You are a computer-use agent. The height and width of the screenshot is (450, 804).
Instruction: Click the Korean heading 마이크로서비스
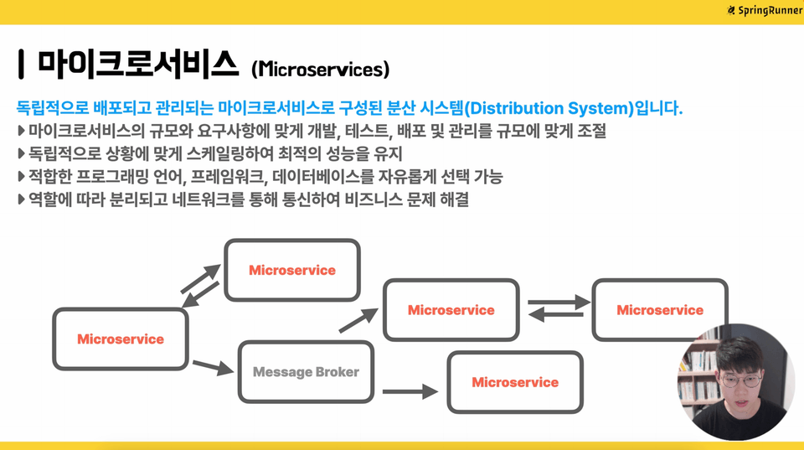(x=138, y=65)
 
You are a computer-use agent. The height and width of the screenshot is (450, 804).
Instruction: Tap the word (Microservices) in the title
(x=321, y=70)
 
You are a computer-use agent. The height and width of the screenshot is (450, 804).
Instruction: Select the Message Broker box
(x=307, y=372)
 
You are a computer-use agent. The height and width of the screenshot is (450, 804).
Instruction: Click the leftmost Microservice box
(x=121, y=339)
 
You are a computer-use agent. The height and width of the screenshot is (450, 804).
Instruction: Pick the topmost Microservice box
(x=292, y=270)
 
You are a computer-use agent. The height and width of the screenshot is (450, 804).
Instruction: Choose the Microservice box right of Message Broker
(x=515, y=382)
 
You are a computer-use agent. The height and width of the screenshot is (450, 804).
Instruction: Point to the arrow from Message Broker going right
(x=410, y=391)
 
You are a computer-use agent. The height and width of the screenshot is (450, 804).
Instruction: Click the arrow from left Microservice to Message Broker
(x=213, y=367)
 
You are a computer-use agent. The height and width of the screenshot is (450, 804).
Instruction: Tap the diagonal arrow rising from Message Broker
(x=358, y=321)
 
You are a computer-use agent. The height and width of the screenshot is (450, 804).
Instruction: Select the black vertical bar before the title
(x=20, y=65)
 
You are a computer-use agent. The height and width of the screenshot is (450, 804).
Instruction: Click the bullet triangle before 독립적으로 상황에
(x=21, y=153)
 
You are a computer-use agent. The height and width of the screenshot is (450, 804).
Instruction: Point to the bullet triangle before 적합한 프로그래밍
(x=21, y=177)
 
